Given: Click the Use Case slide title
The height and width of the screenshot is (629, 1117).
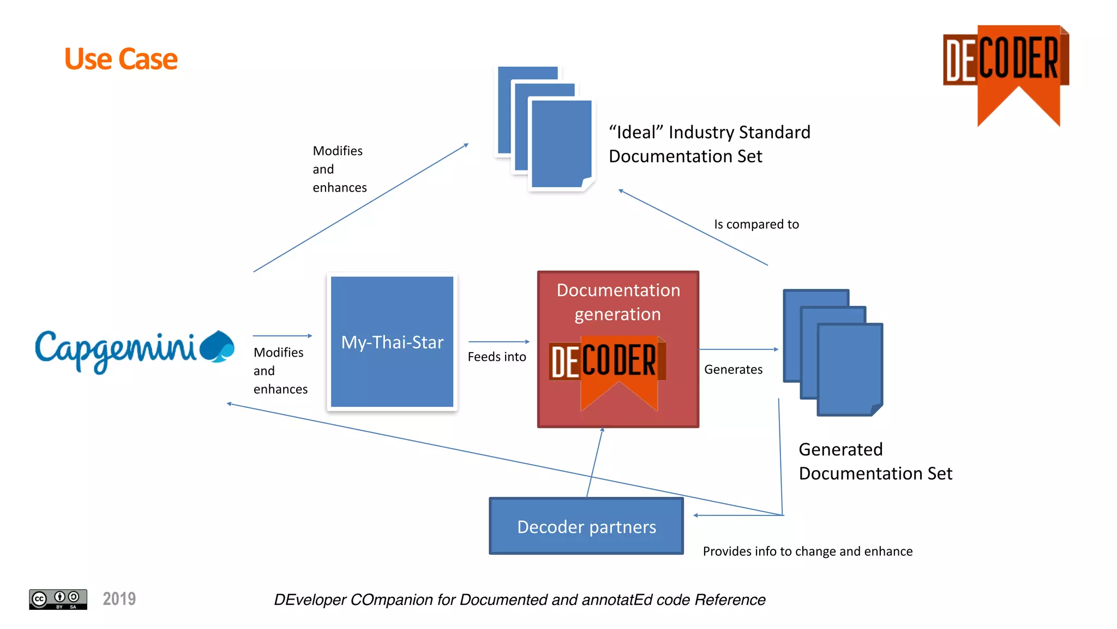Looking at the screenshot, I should tap(121, 59).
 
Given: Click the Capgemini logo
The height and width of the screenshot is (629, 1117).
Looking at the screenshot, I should tap(134, 349).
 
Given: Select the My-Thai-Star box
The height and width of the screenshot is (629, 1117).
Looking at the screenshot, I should tap(392, 342).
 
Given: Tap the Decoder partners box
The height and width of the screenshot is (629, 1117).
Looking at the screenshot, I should tap(586, 526).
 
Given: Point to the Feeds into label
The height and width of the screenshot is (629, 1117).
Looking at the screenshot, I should tap(496, 357).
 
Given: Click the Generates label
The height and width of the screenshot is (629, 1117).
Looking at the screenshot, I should tap(733, 370).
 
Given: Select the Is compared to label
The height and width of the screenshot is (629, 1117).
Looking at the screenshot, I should tap(756, 224).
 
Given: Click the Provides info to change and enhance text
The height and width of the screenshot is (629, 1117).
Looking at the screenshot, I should tap(807, 551).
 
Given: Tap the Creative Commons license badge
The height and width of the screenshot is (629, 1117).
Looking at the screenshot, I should tap(58, 599).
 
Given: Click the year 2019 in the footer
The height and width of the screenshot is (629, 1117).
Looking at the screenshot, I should tap(119, 599).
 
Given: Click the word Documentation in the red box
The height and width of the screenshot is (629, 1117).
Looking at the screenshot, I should tap(618, 290).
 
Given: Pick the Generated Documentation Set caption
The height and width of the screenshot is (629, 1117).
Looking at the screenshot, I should tap(875, 461).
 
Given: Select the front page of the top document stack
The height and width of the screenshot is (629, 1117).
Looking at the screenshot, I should tap(561, 143).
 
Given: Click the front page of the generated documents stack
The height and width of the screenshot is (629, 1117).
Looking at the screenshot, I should tap(849, 369).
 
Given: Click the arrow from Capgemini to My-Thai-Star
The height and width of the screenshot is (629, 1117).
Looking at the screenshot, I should tap(282, 336).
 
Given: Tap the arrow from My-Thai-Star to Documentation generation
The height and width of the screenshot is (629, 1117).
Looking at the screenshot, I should tap(499, 342).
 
